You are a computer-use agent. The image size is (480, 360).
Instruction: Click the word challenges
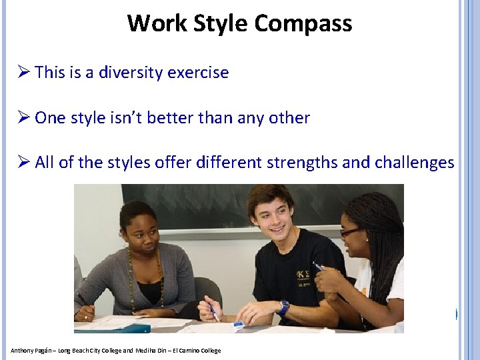click(x=415, y=163)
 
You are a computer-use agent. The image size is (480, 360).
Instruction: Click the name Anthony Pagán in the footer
click(x=29, y=351)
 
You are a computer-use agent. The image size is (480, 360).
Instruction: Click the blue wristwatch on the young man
click(x=283, y=308)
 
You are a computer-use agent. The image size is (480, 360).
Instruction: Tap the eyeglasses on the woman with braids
click(x=351, y=231)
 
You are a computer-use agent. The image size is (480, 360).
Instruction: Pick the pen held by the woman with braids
click(x=319, y=267)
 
